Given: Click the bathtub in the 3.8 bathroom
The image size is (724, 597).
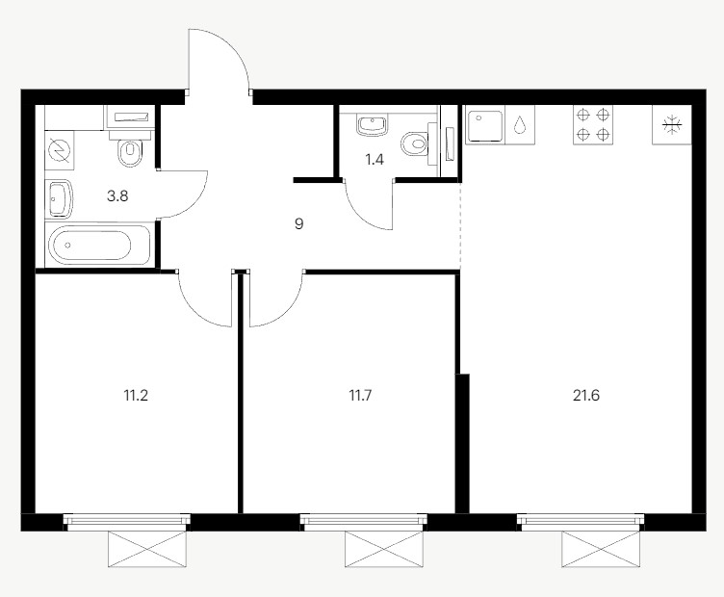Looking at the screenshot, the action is point(98,245).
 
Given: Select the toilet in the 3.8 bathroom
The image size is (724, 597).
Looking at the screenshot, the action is point(129,147).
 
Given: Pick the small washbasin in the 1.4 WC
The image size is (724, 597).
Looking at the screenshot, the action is point(372,125).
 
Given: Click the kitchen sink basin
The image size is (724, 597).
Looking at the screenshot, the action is point(485,125).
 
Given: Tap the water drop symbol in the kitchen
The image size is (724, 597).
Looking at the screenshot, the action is point(520,124).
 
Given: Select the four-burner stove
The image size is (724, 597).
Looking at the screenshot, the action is point(593,124).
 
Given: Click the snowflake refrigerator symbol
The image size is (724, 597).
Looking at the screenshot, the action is point(672,124).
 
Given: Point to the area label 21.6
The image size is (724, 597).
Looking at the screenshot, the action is point(586,396).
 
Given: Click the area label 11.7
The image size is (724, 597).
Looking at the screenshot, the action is point(360,396).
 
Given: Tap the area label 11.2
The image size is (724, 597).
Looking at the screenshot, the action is point(136,396).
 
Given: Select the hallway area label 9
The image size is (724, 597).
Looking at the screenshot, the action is point(299,224).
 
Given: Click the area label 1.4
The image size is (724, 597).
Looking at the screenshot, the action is point(375,160).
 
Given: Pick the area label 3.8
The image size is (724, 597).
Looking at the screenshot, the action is point(117,196).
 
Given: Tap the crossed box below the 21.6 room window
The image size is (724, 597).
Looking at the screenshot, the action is point(601,549).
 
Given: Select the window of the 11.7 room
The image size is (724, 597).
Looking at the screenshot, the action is point(364,520).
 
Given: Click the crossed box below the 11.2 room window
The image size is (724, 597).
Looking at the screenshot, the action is point(147,549).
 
